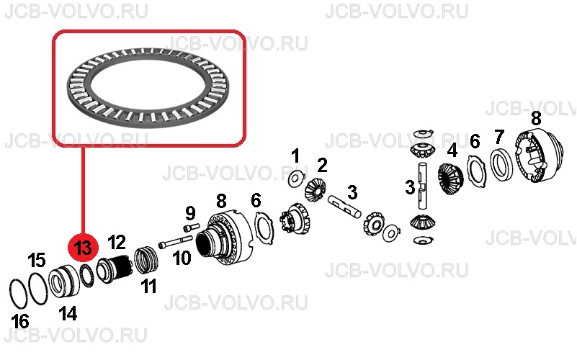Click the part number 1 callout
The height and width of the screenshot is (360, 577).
pyautogui.click(x=295, y=156)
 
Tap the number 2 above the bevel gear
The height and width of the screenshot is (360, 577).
pyautogui.click(x=322, y=166)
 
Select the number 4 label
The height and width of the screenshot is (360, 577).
pyautogui.click(x=452, y=150)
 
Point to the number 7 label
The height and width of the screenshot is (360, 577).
pyautogui.click(x=498, y=138)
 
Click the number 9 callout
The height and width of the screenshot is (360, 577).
pyautogui.click(x=190, y=213)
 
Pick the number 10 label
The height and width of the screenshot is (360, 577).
pyautogui.click(x=182, y=258)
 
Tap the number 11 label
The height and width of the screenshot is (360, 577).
pyautogui.click(x=148, y=286)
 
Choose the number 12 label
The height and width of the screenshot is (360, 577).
pyautogui.click(x=117, y=243)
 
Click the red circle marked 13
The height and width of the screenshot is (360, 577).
pyautogui.click(x=83, y=248)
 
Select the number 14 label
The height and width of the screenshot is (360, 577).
pyautogui.click(x=68, y=314)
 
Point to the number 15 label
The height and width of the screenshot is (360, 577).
pyautogui.click(x=37, y=260)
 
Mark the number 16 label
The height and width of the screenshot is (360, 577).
pyautogui.click(x=20, y=321)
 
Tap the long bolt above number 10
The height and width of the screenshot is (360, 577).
pyautogui.click(x=175, y=243)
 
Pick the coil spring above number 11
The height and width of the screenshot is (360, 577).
pyautogui.click(x=147, y=261)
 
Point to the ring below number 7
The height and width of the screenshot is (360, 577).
pyautogui.click(x=501, y=163)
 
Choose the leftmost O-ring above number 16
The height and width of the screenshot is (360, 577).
pyautogui.click(x=18, y=294)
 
